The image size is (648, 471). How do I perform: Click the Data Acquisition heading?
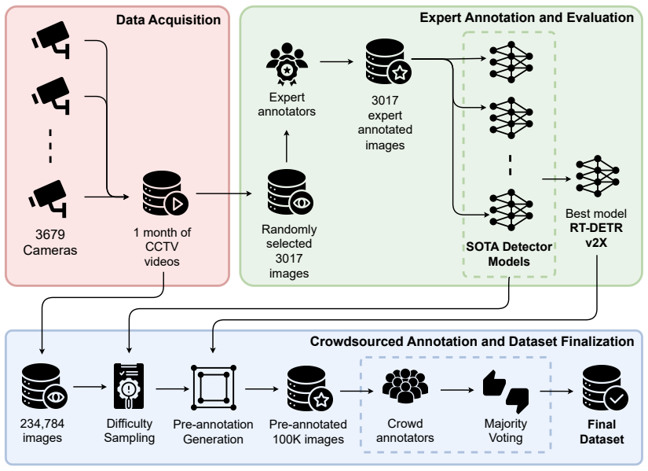[168, 20]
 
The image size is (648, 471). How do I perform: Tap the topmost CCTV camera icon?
[50, 39]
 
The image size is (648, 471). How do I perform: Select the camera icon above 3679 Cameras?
[48, 199]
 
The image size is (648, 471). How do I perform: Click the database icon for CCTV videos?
[165, 193]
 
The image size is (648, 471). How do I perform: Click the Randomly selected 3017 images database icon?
[290, 192]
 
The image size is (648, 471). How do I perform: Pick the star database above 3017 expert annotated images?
[389, 61]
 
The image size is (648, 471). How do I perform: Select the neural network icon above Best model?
[597, 176]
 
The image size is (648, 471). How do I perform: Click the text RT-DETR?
[596, 228]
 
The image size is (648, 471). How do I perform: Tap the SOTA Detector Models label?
[509, 254]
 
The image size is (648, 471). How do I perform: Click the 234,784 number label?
[42, 423]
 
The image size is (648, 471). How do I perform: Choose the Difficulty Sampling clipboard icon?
[129, 386]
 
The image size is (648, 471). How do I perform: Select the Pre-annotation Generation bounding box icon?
[213, 388]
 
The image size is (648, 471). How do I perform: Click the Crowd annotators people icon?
[405, 386]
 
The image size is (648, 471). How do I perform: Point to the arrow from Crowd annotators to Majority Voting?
[457, 390]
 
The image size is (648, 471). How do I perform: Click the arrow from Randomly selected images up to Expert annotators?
[287, 146]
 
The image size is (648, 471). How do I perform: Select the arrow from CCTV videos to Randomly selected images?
[224, 193]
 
